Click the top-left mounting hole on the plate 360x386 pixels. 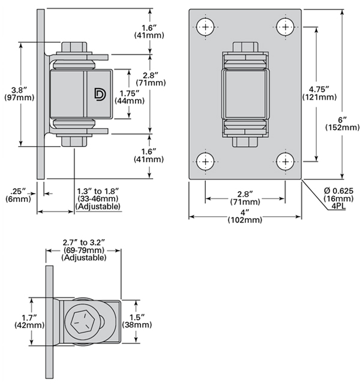(206, 27)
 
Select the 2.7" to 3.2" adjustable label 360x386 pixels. (84, 249)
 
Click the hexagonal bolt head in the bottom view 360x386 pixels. (82, 321)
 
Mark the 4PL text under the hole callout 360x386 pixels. (340, 207)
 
